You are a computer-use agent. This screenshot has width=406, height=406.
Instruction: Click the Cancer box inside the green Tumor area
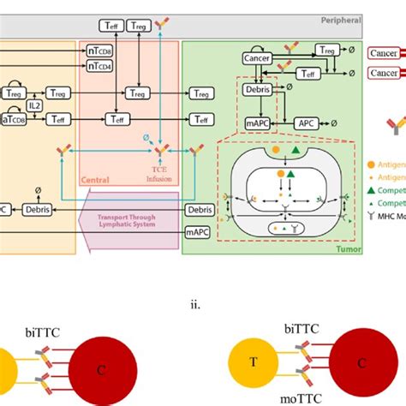point(257,57)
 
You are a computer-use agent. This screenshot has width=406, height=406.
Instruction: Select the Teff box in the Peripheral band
point(112,27)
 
